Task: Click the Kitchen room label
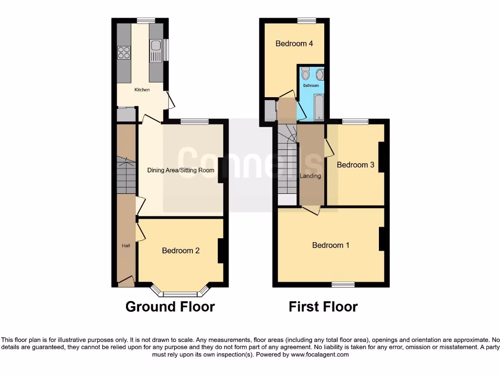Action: click(x=142, y=90)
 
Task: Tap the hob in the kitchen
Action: click(x=124, y=52)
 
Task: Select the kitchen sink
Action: click(x=156, y=51)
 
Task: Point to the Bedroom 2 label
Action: click(x=181, y=250)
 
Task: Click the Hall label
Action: click(x=125, y=245)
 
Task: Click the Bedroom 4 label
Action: click(x=294, y=43)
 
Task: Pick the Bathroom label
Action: click(x=311, y=85)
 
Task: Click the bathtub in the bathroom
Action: click(x=319, y=107)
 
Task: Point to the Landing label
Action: click(x=311, y=176)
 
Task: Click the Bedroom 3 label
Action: click(x=355, y=165)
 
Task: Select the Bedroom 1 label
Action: click(x=331, y=245)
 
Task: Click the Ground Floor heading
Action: click(x=170, y=307)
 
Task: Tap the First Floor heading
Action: click(x=323, y=307)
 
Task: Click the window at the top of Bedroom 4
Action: click(x=307, y=20)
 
